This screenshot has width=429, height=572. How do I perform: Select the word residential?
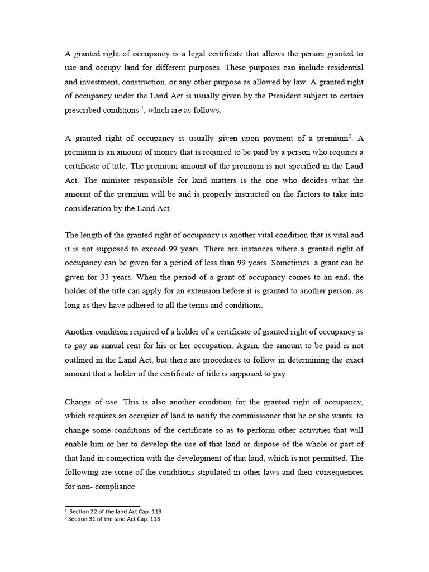(x=342, y=67)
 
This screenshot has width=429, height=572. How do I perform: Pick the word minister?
(x=102, y=181)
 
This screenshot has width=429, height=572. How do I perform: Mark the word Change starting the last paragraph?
(x=80, y=402)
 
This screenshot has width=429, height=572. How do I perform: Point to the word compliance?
(x=115, y=486)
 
